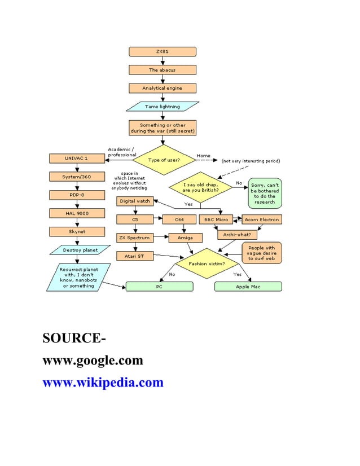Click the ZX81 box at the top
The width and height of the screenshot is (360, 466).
(x=163, y=52)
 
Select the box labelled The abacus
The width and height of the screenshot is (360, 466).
(x=163, y=70)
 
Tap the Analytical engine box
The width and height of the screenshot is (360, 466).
(x=163, y=88)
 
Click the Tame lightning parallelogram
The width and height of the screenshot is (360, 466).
(x=163, y=106)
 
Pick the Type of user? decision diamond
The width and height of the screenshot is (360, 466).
(x=164, y=160)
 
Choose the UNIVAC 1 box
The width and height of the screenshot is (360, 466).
(x=77, y=159)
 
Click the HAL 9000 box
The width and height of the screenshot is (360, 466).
(x=77, y=213)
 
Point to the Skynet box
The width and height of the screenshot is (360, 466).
(x=77, y=231)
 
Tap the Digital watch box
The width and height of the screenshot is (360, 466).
(x=134, y=201)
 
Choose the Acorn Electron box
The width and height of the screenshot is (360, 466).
(x=261, y=219)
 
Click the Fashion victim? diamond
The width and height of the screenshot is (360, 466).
(x=207, y=263)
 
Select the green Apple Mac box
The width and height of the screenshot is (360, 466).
(x=248, y=287)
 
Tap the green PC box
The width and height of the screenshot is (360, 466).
(x=159, y=287)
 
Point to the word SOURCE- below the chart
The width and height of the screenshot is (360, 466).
(x=73, y=339)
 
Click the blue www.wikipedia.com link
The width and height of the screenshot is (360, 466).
(x=103, y=383)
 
